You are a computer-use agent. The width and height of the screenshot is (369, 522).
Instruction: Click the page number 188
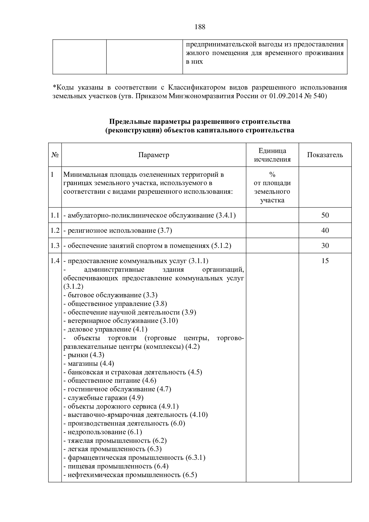tap(200, 27)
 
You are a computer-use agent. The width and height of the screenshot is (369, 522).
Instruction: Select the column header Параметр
tap(154, 155)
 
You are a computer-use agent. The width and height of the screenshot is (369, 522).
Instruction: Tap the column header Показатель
tap(325, 155)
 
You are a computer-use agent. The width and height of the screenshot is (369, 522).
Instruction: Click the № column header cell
tap(55, 155)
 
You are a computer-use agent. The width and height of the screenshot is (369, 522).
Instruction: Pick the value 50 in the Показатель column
tap(325, 215)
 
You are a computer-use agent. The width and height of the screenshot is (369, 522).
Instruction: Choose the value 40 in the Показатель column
tap(325, 230)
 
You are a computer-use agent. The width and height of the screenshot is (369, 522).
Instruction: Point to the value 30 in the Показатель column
tap(325, 246)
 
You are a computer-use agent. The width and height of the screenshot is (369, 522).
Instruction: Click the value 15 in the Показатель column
tap(325, 261)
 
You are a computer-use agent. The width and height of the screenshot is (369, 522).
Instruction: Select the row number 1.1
tap(55, 215)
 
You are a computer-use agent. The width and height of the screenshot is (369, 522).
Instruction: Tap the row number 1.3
tap(55, 246)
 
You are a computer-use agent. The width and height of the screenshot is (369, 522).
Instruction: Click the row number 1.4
tap(55, 261)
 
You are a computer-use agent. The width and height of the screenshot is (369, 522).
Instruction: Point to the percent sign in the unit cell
tap(272, 175)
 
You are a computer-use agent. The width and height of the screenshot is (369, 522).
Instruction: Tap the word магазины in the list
tap(83, 364)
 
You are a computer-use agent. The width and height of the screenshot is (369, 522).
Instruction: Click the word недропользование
tap(97, 432)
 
